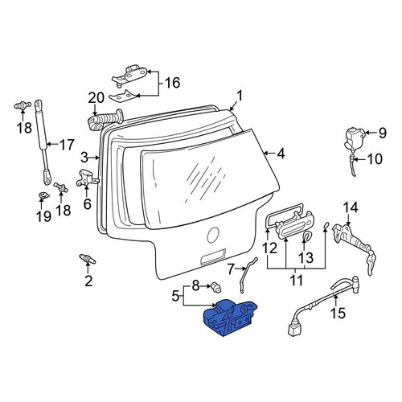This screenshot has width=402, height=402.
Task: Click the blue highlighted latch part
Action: pos(230,318)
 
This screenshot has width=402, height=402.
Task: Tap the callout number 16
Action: pos(172,83)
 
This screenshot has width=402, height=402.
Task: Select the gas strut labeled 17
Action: pos(43,142)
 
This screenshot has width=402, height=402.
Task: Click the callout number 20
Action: pos(96,98)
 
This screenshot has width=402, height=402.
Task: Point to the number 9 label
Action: pos(383,133)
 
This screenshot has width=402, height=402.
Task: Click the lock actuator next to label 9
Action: pos(354,140)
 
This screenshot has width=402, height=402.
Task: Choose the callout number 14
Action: pos(351,207)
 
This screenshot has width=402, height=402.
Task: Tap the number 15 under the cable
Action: pos(338,313)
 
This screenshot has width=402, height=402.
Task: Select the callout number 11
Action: pos(296,280)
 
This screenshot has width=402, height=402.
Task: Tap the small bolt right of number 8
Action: pos(216,286)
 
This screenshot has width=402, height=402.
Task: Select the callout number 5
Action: pos(175,296)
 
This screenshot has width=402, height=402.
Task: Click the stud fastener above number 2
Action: pos(88,259)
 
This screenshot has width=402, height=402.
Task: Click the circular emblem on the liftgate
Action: pos(214,235)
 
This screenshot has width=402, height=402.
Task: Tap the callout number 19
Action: pos(43,216)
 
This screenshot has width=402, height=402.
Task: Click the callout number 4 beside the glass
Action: pos(281,154)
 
